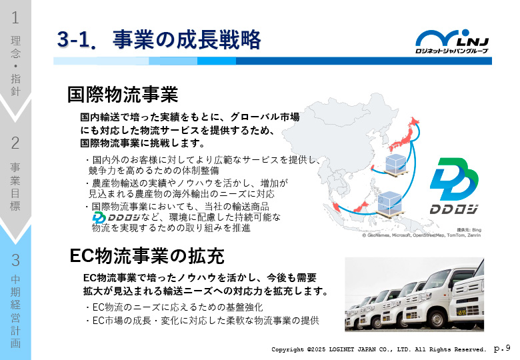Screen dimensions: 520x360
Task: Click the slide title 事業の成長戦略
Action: pos(187,39)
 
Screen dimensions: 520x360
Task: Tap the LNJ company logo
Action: pos(452,41)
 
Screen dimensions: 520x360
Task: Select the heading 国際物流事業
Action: pos(123,95)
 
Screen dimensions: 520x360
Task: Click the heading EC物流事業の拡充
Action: pos(147,256)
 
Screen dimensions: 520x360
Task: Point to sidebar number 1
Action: pos(15,17)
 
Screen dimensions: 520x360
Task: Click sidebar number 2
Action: pos(15,143)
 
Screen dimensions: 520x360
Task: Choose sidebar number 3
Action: pos(15,260)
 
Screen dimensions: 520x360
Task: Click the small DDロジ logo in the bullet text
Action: pos(116,217)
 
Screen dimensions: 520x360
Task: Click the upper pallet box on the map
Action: pos(395,164)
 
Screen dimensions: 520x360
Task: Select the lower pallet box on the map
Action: pos(390,204)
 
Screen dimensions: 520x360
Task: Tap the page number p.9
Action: pos(502,349)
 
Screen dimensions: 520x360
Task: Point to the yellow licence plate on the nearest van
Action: pos(461,312)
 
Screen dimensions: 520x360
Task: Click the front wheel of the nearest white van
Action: pos(438,319)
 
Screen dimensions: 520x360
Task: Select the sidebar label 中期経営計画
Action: pos(15,311)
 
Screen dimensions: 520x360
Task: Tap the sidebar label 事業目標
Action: pos(15,187)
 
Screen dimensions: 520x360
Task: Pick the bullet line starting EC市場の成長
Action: pos(203,321)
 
